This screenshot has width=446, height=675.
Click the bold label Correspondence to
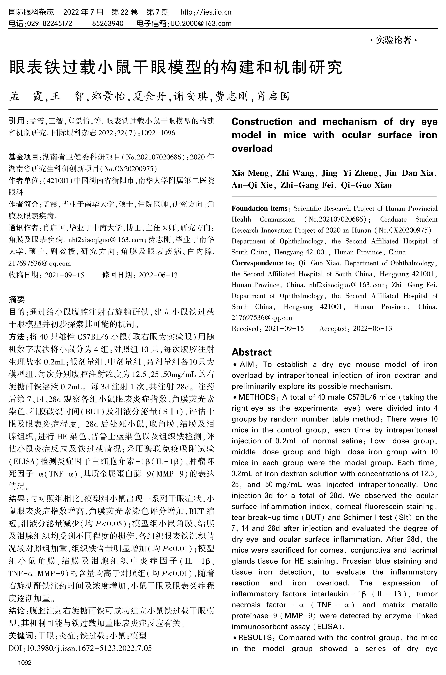tap(261, 263)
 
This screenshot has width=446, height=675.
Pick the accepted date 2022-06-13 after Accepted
tap(372, 329)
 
